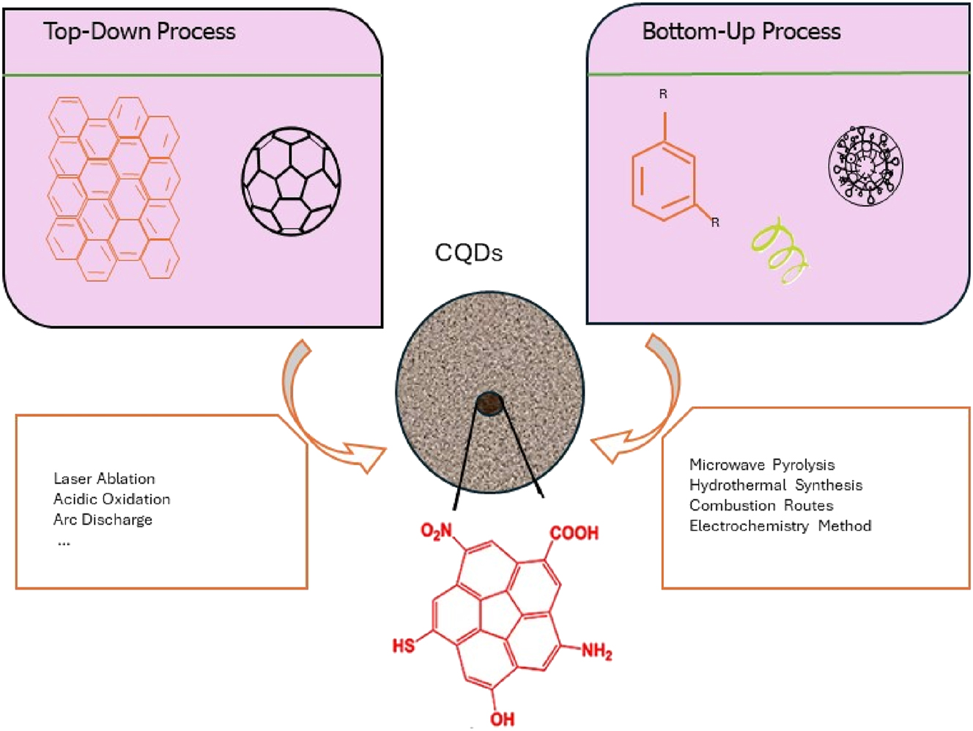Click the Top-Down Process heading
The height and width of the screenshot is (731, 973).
pos(139,31)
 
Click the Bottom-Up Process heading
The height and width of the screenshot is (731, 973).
pos(741,31)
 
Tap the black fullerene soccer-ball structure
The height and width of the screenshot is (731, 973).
pos(291,181)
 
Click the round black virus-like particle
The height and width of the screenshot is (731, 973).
pos(865,166)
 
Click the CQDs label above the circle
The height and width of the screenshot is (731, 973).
pos(468,253)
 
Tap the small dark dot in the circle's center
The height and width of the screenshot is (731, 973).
pos(489,402)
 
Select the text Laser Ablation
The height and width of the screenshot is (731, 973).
pos(104,479)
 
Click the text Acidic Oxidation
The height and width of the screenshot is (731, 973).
pos(112,500)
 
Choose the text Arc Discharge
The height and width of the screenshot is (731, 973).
pos(103,520)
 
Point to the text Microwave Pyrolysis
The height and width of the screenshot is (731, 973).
pos(762,465)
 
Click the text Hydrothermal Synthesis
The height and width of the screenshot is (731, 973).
pos(776,486)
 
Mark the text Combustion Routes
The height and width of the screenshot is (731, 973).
pos(761,506)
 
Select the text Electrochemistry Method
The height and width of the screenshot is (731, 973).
pos(780,526)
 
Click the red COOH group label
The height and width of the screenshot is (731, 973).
pos(574,533)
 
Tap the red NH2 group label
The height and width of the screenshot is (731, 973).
pos(596,650)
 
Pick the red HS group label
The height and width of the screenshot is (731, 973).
pos(404,646)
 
